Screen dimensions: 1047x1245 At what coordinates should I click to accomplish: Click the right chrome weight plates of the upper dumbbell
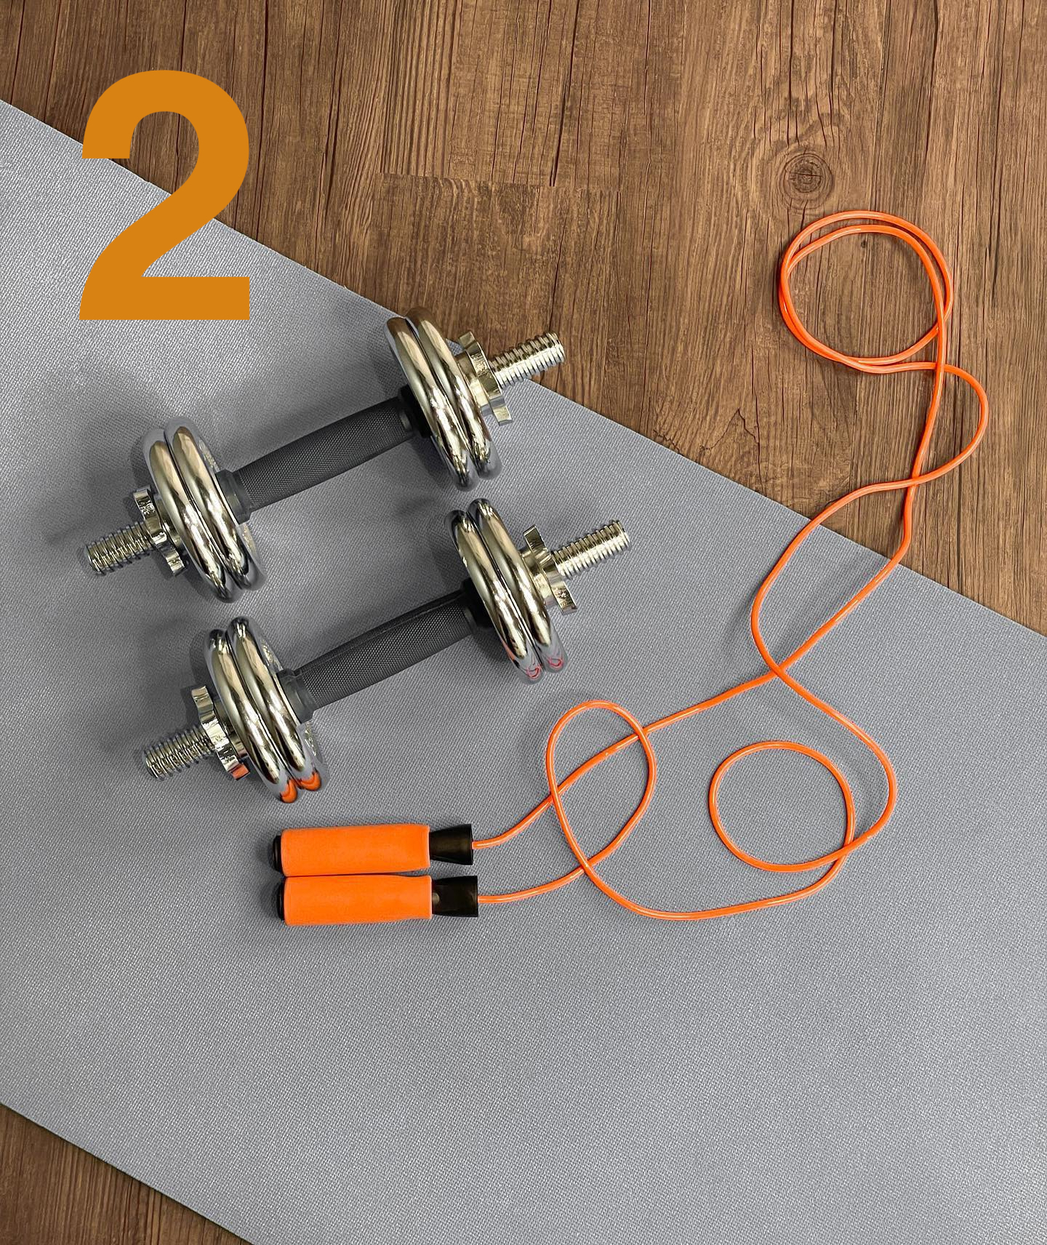tap(441, 397)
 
